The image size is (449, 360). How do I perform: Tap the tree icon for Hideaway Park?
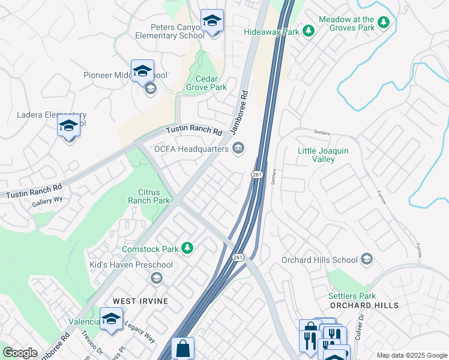point(309,30)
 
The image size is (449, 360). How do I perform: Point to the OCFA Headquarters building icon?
point(239,148)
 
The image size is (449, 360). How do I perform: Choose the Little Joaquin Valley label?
point(324,155)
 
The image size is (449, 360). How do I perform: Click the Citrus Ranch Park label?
point(149,196)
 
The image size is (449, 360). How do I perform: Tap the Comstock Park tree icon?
point(188,248)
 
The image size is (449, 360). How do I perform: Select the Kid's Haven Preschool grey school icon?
point(156,277)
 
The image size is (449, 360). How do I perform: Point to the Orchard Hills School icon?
point(366,260)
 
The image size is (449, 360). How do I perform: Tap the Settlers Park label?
point(352,296)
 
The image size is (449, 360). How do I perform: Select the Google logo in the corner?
point(20,353)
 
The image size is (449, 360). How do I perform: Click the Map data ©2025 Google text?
point(411,355)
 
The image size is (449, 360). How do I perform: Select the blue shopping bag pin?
point(182,349)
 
